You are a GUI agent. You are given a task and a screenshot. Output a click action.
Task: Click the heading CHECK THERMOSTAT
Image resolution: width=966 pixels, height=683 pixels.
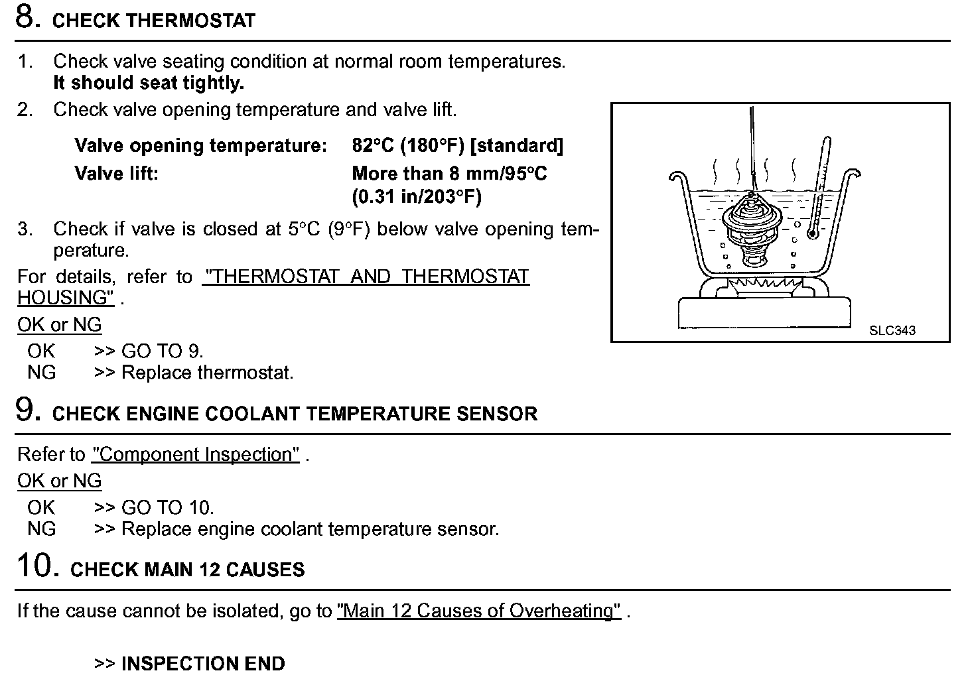pyautogui.click(x=153, y=21)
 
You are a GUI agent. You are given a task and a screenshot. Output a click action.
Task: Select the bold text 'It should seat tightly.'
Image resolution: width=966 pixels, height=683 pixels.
pyautogui.click(x=149, y=84)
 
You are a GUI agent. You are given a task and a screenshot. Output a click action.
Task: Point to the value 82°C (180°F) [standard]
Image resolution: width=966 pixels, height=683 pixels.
pyautogui.click(x=457, y=146)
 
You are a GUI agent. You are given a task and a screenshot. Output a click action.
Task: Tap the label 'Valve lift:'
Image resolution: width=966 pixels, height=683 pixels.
pyautogui.click(x=116, y=174)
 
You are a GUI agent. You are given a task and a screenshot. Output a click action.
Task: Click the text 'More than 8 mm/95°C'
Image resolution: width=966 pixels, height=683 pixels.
pyautogui.click(x=449, y=174)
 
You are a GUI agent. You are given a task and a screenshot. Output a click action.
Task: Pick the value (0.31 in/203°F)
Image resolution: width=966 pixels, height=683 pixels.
pyautogui.click(x=417, y=197)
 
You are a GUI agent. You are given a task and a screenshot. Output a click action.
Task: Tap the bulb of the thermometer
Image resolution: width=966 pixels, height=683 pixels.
pyautogui.click(x=811, y=233)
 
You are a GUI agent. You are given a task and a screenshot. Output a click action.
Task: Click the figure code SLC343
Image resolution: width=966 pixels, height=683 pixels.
pyautogui.click(x=892, y=330)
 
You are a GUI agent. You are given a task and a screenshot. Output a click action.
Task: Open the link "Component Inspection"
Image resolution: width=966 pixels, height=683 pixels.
pyautogui.click(x=196, y=455)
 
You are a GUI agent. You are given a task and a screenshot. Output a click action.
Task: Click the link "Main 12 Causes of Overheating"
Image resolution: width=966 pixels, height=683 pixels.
pyautogui.click(x=479, y=611)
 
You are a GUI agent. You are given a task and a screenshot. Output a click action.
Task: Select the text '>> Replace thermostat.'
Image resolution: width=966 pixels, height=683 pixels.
pyautogui.click(x=194, y=373)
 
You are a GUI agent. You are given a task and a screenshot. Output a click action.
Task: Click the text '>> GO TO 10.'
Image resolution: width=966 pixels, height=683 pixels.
pyautogui.click(x=154, y=508)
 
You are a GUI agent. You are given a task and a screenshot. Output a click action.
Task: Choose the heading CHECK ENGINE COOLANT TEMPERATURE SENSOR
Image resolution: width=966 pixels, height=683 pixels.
pyautogui.click(x=295, y=414)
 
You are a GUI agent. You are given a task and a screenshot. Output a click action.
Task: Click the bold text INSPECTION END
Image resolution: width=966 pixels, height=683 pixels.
pyautogui.click(x=203, y=664)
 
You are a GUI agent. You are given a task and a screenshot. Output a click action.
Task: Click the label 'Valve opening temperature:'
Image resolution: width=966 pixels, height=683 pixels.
pyautogui.click(x=200, y=146)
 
